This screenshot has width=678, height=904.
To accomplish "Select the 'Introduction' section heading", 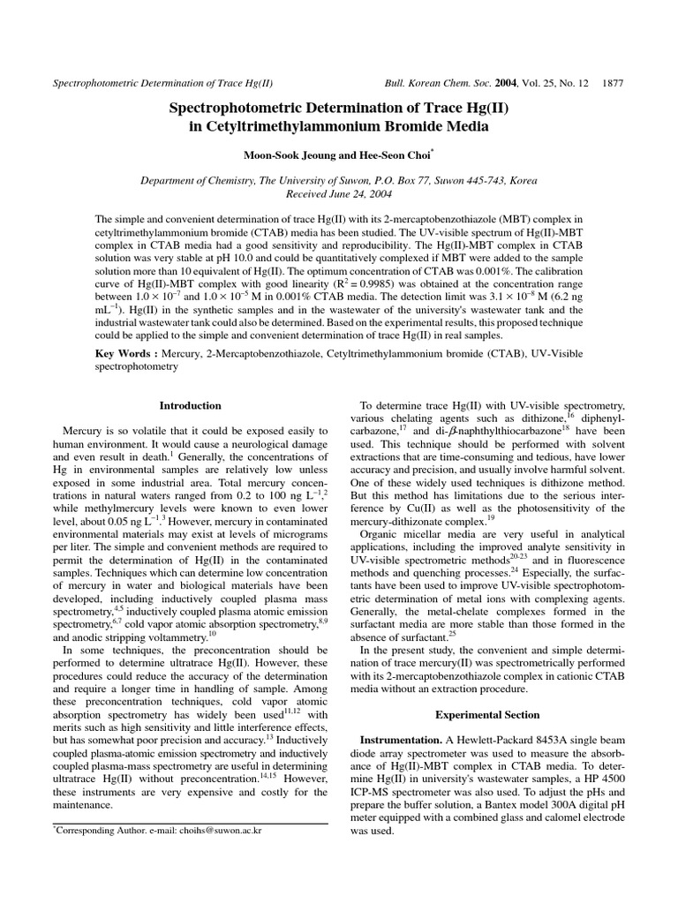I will click(190, 405).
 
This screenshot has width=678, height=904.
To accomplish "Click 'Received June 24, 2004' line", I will click(339, 193).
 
